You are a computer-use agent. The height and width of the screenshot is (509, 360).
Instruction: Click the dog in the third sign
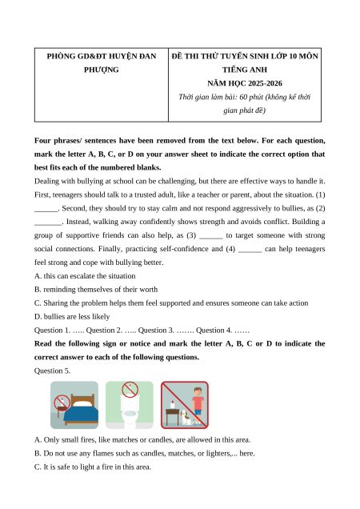(x=186, y=418)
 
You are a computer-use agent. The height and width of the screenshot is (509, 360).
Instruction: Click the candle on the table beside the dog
(x=172, y=404)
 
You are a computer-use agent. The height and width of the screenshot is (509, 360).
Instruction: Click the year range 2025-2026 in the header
(x=263, y=83)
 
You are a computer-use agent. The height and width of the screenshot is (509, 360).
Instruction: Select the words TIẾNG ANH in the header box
(x=245, y=70)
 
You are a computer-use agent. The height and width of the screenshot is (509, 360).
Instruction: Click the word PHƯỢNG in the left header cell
(x=102, y=70)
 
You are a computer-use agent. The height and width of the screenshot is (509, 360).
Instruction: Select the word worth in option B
(x=149, y=290)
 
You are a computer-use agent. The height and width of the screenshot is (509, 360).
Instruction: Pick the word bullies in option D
(x=55, y=316)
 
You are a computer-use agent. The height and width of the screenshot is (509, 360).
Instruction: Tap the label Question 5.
(x=52, y=371)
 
